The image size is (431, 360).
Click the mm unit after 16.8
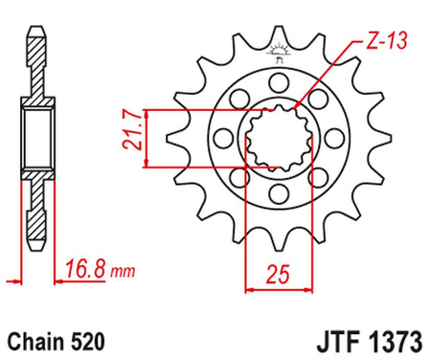[121, 273]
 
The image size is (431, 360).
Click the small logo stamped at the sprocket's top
[278, 54]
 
